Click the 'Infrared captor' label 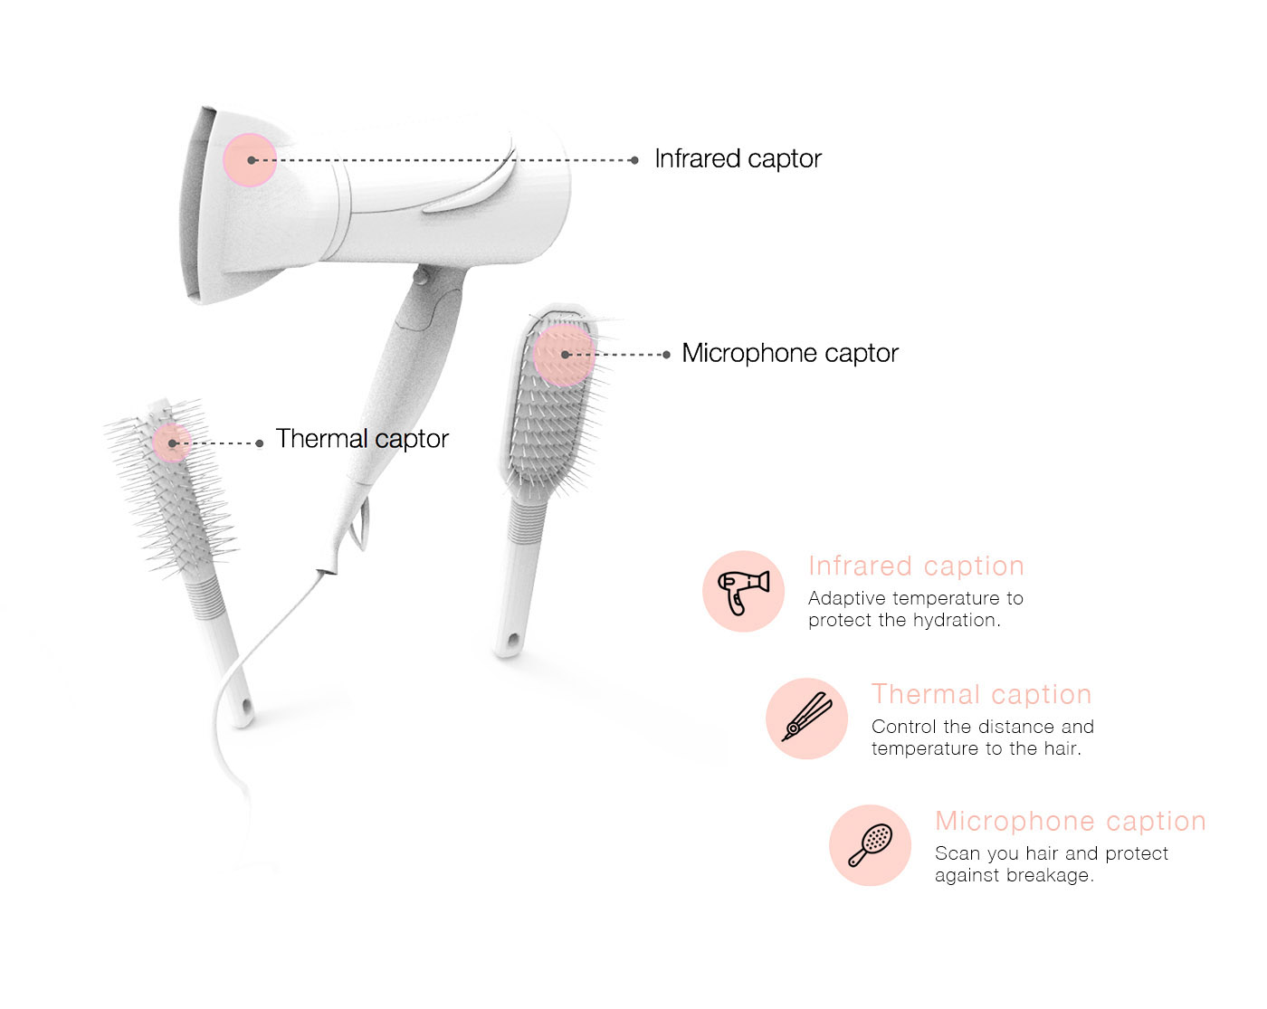click(x=738, y=159)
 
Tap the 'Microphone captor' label click(x=789, y=353)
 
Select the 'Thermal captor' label click(x=362, y=439)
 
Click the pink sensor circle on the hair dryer click(x=250, y=160)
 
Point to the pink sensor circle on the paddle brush click(x=564, y=355)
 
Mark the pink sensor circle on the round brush click(x=171, y=443)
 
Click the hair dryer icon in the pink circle click(x=743, y=592)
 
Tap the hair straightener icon click(x=806, y=719)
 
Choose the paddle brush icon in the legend click(x=870, y=845)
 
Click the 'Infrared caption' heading click(x=916, y=566)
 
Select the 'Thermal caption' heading click(x=981, y=695)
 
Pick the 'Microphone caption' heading click(x=1070, y=822)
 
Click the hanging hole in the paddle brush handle click(x=511, y=642)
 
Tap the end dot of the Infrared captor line click(x=634, y=160)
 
